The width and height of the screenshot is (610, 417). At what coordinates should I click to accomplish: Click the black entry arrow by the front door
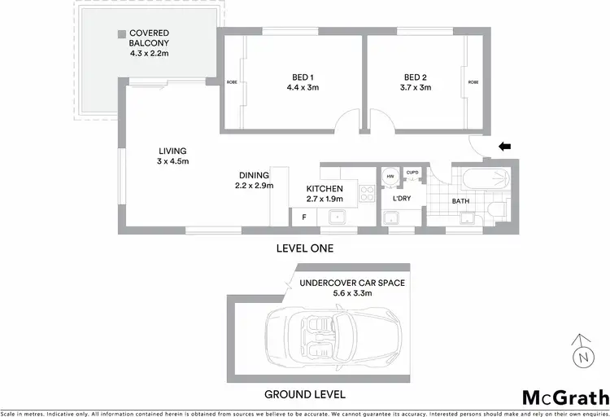click(504, 147)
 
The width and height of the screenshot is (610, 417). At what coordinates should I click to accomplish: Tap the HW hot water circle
click(390, 176)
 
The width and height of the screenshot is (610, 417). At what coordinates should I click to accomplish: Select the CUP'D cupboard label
click(412, 172)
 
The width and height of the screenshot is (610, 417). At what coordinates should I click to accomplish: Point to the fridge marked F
click(304, 217)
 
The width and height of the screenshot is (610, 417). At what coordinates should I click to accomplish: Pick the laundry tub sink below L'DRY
click(392, 217)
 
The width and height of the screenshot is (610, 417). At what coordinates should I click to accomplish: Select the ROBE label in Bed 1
click(232, 82)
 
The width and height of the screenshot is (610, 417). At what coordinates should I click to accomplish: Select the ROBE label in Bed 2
click(473, 82)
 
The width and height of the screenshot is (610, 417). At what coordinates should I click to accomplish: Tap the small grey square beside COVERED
click(120, 34)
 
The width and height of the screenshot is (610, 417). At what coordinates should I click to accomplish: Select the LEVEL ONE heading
click(305, 248)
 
